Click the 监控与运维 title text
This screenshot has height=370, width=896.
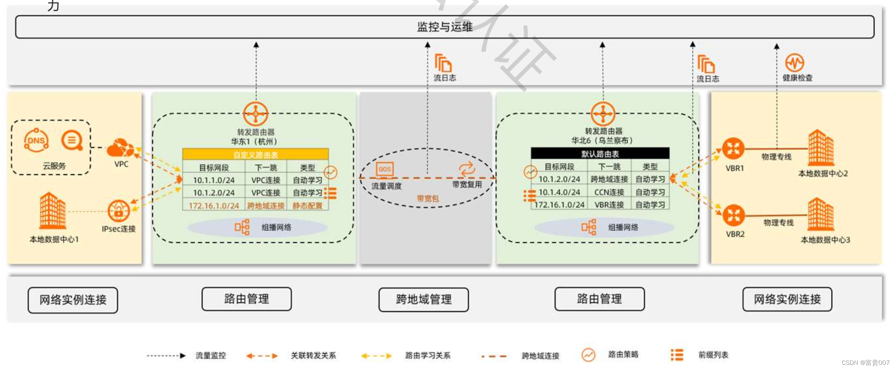(x=445, y=27)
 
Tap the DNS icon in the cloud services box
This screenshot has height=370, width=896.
(x=36, y=140)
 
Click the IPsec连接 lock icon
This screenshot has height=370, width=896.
(x=119, y=211)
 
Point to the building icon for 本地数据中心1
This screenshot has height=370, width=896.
(x=52, y=211)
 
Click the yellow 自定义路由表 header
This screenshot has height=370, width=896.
(x=255, y=154)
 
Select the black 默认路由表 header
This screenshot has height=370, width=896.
(x=600, y=154)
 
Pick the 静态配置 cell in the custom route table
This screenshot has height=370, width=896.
(x=307, y=206)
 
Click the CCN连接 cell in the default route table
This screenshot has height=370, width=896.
(x=609, y=192)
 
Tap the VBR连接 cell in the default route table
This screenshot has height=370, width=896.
(x=609, y=205)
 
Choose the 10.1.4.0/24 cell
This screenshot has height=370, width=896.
(x=559, y=192)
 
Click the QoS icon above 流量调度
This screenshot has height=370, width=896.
(x=384, y=169)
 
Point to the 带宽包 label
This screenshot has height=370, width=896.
(x=427, y=198)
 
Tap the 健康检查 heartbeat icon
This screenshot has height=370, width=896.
(x=794, y=63)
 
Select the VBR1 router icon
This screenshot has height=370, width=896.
(x=733, y=148)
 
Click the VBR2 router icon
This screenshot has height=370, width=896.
(x=733, y=215)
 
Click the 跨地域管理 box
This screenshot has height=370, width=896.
(x=423, y=299)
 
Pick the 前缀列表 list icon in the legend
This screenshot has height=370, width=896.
(x=677, y=355)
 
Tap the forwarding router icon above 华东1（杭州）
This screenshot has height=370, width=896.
(x=255, y=114)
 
